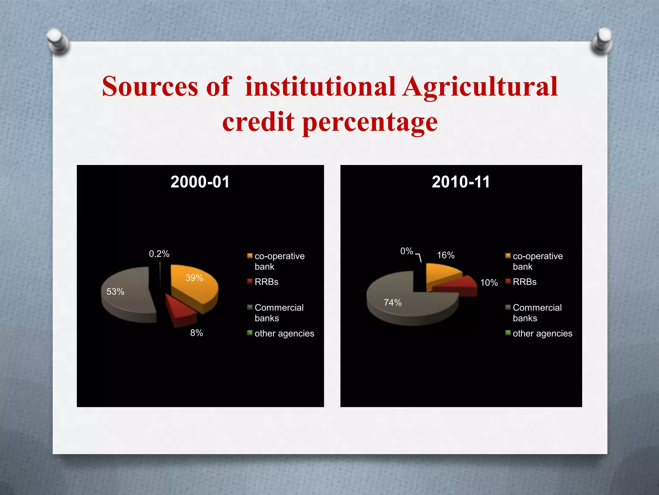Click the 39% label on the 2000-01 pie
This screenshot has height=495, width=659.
pyautogui.click(x=194, y=278)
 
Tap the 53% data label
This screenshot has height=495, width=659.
pyautogui.click(x=115, y=292)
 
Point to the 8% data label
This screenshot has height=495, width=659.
pyautogui.click(x=196, y=333)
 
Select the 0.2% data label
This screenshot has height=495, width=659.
pyautogui.click(x=159, y=254)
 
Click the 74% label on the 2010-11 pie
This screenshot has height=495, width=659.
pyautogui.click(x=393, y=303)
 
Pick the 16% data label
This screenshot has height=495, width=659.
pyautogui.click(x=446, y=255)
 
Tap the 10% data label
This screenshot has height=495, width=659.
pyautogui.click(x=489, y=283)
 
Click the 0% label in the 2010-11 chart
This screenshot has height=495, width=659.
pyautogui.click(x=406, y=251)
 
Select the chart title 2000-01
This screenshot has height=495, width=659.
pyautogui.click(x=200, y=182)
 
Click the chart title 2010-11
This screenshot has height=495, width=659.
pyautogui.click(x=461, y=182)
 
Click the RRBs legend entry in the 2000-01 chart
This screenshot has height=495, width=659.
pyautogui.click(x=266, y=282)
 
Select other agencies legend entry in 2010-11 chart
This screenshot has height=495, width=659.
pyautogui.click(x=542, y=334)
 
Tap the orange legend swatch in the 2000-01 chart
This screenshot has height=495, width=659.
pyautogui.click(x=250, y=256)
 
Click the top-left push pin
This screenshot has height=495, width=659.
pyautogui.click(x=58, y=41)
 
